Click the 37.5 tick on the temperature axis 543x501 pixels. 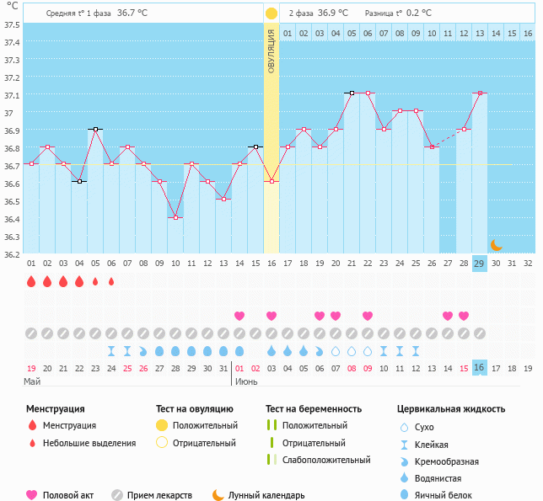[12, 24]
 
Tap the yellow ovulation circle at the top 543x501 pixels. [271, 13]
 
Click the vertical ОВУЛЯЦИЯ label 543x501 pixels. [271, 51]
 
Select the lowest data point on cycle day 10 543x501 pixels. [175, 217]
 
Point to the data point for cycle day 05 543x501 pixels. [95, 130]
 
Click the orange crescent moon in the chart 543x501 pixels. [496, 245]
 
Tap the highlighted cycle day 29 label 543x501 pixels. [479, 264]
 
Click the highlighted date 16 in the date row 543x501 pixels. [479, 368]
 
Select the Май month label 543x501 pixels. [32, 381]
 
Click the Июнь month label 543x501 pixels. [246, 381]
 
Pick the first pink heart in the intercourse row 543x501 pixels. [239, 316]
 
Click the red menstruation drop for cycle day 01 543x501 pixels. [31, 281]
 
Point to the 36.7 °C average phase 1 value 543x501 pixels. [132, 13]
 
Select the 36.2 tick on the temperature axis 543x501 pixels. [12, 253]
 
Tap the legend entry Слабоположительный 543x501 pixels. [326, 460]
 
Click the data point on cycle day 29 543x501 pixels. [479, 93]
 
